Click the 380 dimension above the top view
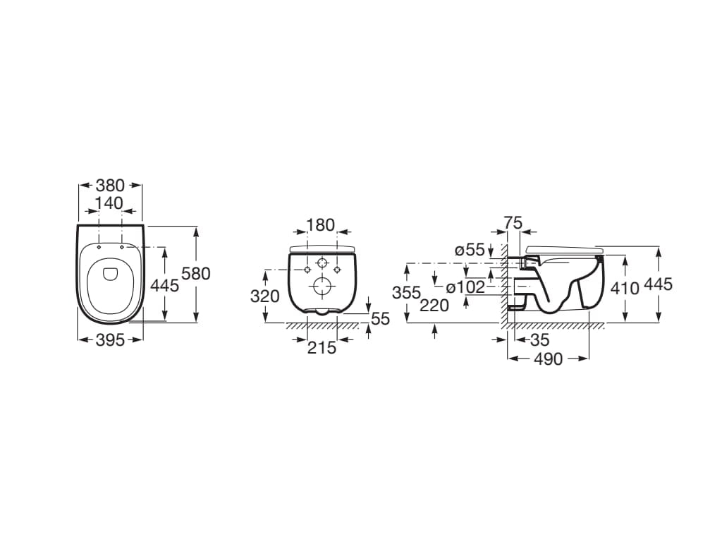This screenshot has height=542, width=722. pos(110,186)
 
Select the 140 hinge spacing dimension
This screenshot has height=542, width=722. pos(110,203)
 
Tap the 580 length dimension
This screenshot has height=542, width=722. pos(196,274)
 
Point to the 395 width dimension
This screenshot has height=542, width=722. pos(110,340)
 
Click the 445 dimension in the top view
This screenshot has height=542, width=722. pos(164,286)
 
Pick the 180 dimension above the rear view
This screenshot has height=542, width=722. pos(321,225)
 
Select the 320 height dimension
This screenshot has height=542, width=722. pos(265,296)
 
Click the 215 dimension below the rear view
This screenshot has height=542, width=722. pos(322,347)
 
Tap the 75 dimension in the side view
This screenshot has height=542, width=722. pos(513,222)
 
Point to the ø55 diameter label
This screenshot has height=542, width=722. pos(470,251)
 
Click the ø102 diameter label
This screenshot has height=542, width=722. pos(465,287)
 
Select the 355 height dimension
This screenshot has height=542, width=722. pos(407,292)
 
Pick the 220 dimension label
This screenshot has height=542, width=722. pos(434,305)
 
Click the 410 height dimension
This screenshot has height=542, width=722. pos(625,289)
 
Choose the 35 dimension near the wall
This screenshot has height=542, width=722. pos(539,340)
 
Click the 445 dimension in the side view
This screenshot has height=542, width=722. pos(658,284)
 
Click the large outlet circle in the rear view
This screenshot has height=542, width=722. pos(322,287)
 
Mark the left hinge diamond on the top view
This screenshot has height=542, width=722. pos(99,247)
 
